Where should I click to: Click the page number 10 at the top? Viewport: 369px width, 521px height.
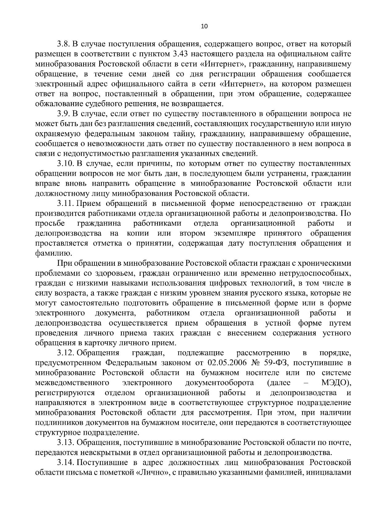(204, 26)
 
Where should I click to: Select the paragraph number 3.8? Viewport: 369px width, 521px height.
(63, 44)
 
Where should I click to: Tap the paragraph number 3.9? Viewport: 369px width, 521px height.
(63, 114)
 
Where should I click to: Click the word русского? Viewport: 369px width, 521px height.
(269, 293)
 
